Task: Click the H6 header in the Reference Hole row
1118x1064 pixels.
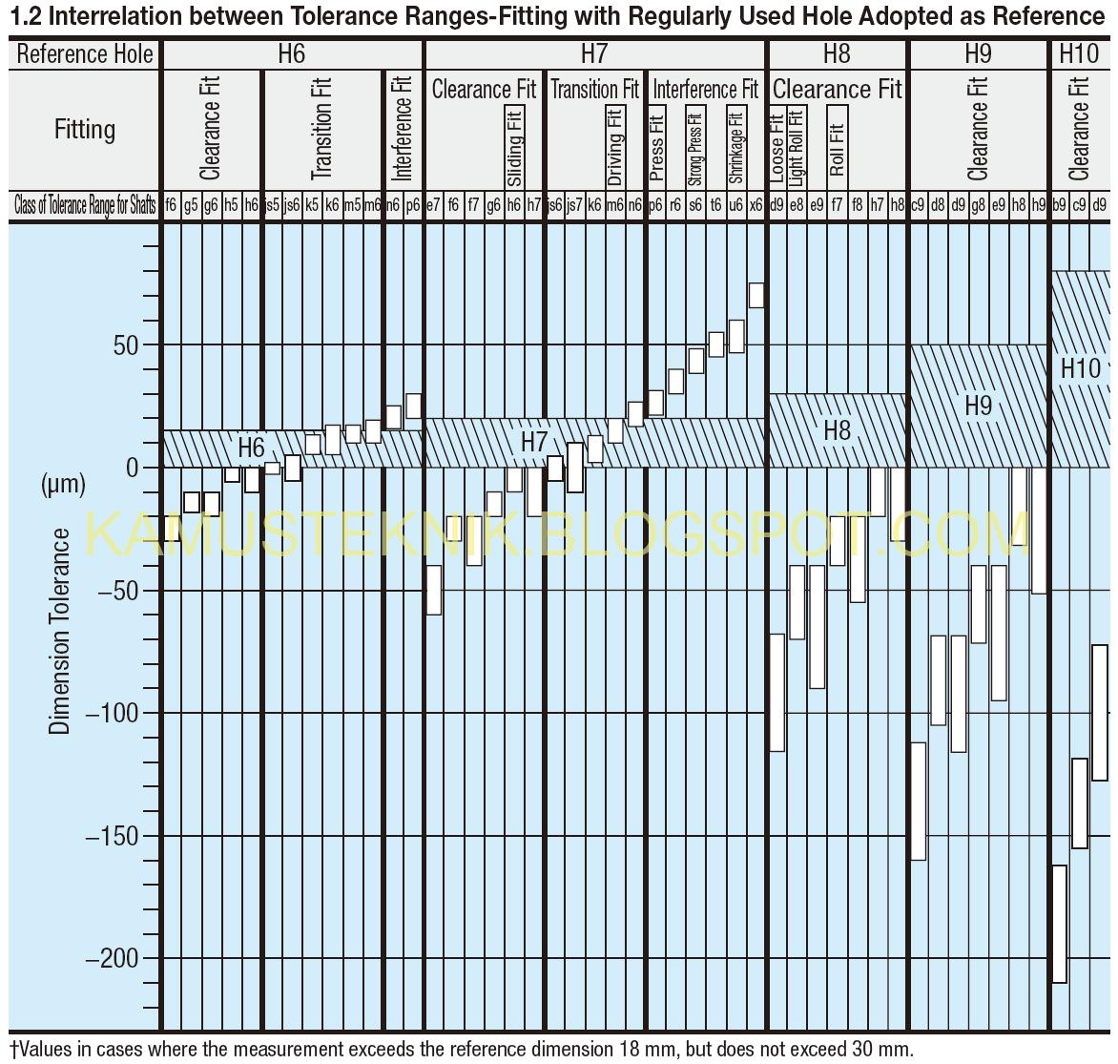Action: (291, 54)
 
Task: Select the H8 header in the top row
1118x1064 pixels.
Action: (836, 54)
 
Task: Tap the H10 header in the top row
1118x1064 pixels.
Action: (1079, 54)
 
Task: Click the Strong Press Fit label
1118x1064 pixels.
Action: (695, 149)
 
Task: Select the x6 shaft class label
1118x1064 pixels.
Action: (756, 204)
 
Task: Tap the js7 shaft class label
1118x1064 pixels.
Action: (574, 204)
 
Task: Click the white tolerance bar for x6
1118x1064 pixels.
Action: (756, 295)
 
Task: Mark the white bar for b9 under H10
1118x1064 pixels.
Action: (1059, 924)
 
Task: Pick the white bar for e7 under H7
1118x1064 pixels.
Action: (433, 590)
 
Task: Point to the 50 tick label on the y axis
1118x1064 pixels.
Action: (126, 345)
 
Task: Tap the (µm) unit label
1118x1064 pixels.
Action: (63, 485)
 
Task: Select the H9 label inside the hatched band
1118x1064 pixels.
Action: (978, 406)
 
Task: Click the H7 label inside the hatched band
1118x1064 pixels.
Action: (534, 442)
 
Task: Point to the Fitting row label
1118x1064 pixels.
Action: (85, 129)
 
